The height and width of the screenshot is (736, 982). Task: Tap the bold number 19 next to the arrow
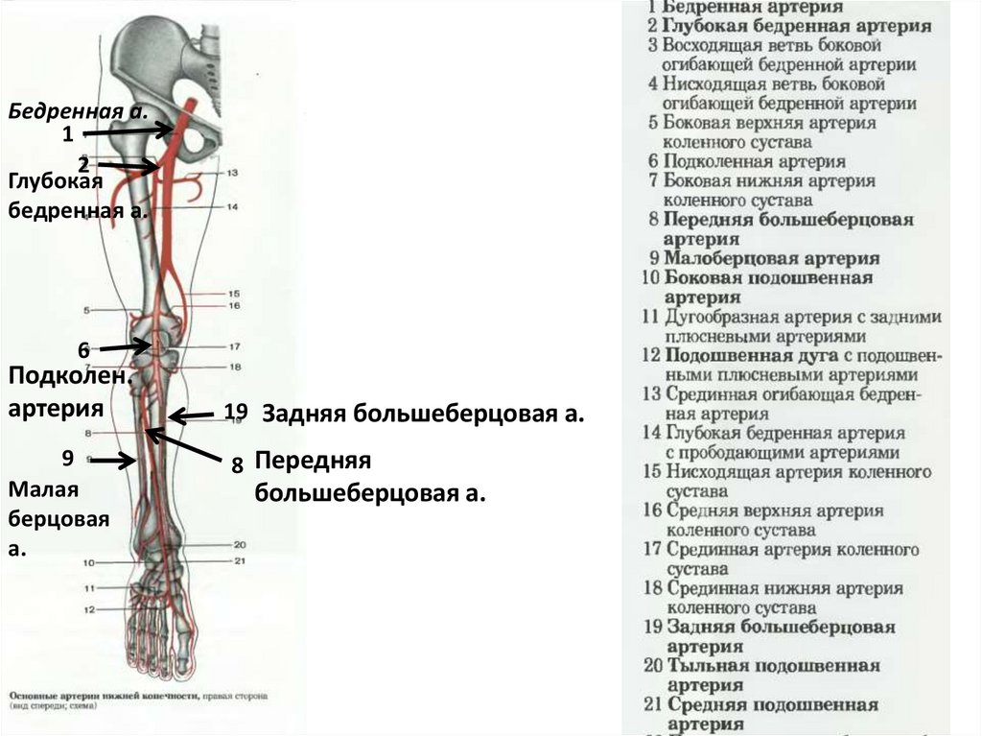[236, 412]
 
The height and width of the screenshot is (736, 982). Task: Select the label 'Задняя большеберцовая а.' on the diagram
[423, 414]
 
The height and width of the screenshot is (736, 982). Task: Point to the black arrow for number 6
[126, 345]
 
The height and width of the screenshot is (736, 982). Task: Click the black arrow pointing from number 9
[113, 461]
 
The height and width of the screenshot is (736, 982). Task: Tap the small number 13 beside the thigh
[231, 173]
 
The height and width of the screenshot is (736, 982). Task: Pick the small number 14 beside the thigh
[231, 207]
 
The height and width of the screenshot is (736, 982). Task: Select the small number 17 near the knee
[233, 346]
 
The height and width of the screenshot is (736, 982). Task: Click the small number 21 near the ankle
[240, 560]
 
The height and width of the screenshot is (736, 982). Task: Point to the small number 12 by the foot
[89, 609]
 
